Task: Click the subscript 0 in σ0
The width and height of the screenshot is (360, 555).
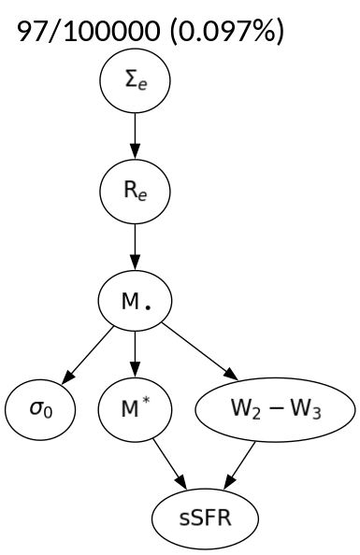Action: (46, 413)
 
